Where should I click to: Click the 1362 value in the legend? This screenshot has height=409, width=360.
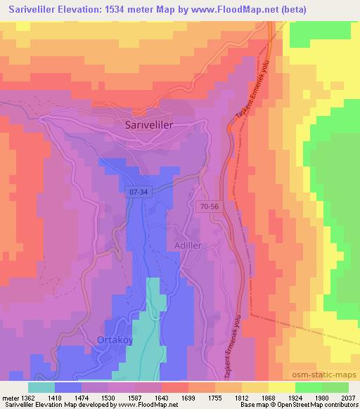point(30,398)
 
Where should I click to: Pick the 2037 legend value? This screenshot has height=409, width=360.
point(347,398)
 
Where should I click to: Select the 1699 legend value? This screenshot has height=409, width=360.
point(188,398)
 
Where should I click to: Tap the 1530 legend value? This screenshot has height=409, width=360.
point(109,398)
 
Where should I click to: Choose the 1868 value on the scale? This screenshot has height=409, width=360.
point(268,398)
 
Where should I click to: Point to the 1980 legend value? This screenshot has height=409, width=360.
point(321,398)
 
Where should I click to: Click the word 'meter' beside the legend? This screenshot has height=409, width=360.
point(11,398)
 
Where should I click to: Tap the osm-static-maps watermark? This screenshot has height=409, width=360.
point(330,373)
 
